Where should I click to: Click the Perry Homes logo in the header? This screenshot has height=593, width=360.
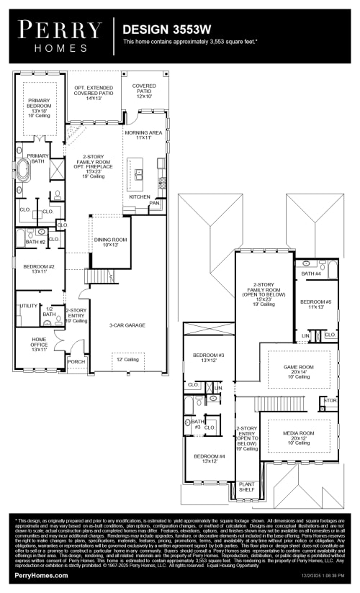pyautogui.click(x=60, y=34)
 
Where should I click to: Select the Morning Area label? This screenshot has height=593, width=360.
pyautogui.click(x=143, y=135)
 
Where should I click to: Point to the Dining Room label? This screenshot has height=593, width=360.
pyautogui.click(x=110, y=242)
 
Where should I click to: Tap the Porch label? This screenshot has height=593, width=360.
pyautogui.click(x=76, y=361)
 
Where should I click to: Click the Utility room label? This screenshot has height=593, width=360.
pyautogui.click(x=29, y=306)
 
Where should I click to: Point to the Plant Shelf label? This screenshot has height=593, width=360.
pyautogui.click(x=247, y=487)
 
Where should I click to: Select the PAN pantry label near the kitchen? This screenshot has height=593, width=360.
pyautogui.click(x=154, y=203)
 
